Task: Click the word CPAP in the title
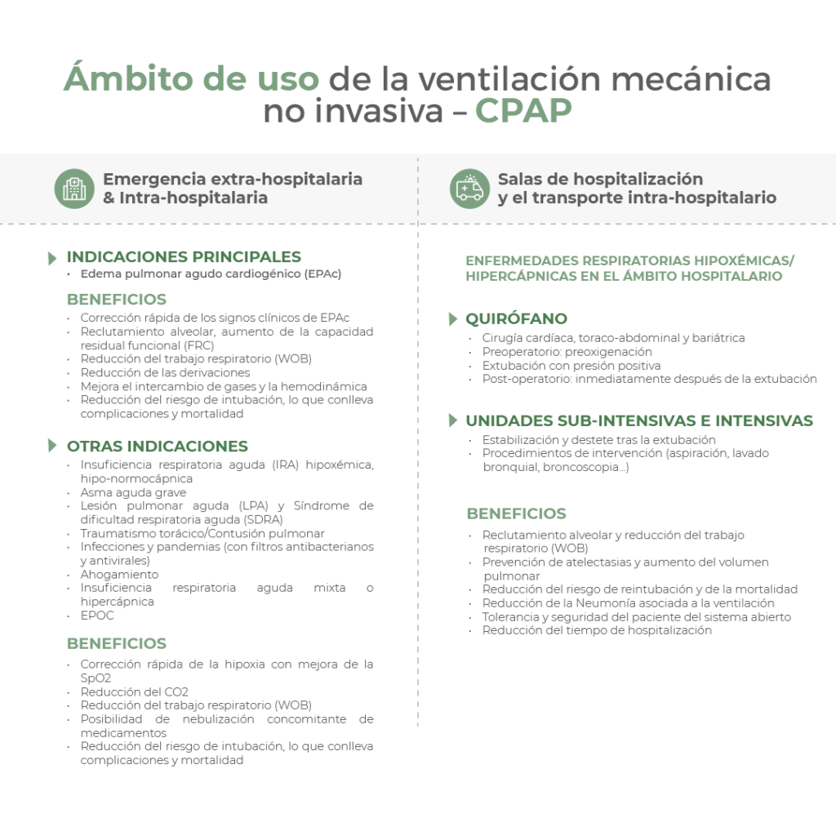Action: (523, 111)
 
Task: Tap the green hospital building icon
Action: (74, 189)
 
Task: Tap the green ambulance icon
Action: (469, 189)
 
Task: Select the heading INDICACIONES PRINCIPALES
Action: (184, 257)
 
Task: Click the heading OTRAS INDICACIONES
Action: (157, 447)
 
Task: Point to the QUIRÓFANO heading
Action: (516, 318)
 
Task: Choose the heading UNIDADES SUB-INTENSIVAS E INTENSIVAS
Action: (639, 421)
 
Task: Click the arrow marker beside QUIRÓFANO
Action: (453, 318)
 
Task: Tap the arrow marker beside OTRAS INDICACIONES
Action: (53, 446)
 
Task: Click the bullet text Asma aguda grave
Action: (133, 492)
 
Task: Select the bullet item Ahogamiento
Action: (119, 575)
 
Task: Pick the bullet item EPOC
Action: (97, 616)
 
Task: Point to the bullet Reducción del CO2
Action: (134, 692)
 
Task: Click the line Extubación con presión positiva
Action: (571, 365)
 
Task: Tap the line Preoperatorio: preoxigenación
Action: (567, 352)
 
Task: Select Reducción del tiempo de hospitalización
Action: (597, 630)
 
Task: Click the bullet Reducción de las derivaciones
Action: (165, 372)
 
